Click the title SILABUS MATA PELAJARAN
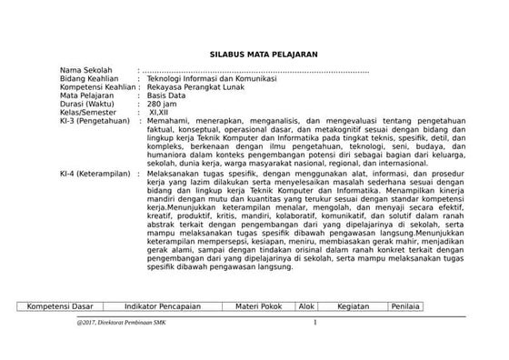(x=258, y=55)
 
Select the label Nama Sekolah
(x=85, y=71)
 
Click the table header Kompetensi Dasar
(x=63, y=306)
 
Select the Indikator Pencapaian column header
(x=165, y=306)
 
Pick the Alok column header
(x=307, y=306)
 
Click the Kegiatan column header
(x=353, y=306)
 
